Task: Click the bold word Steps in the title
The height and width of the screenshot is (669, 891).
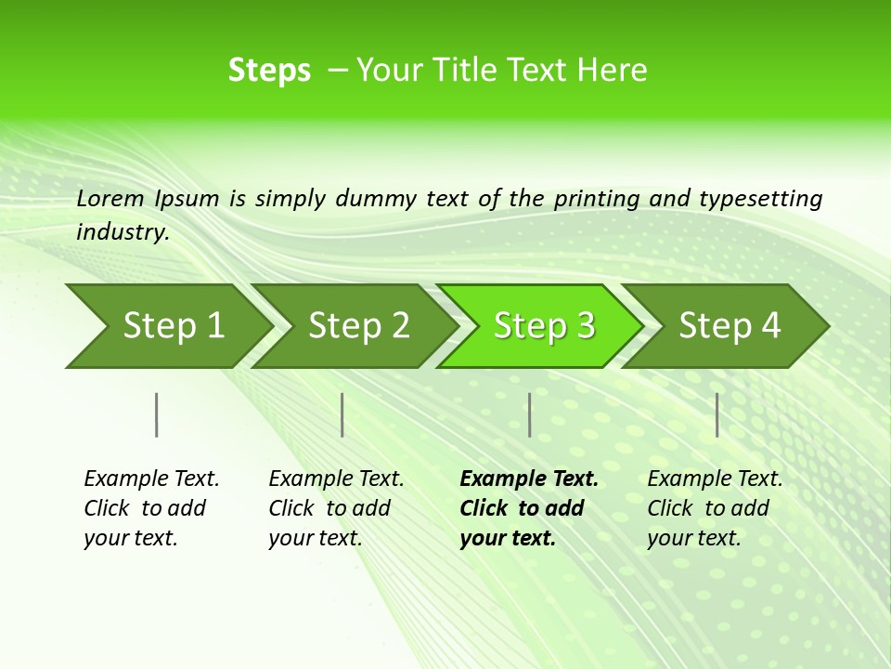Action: click(x=269, y=71)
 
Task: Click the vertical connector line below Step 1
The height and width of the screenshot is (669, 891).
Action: click(x=157, y=414)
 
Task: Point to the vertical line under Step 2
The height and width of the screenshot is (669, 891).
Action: click(x=342, y=414)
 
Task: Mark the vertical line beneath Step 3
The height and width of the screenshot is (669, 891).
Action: click(x=529, y=414)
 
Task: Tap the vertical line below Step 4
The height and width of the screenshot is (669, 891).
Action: click(x=717, y=414)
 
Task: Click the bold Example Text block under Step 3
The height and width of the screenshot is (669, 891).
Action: click(x=528, y=508)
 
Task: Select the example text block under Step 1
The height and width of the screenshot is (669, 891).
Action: click(x=151, y=508)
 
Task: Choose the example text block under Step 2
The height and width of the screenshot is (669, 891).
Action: click(x=336, y=508)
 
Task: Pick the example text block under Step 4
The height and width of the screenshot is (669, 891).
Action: click(x=715, y=508)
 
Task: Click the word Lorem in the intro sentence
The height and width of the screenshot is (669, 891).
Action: click(x=110, y=199)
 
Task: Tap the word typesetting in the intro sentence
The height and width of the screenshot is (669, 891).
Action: click(x=760, y=199)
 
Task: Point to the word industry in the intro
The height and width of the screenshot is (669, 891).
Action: click(x=122, y=232)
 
